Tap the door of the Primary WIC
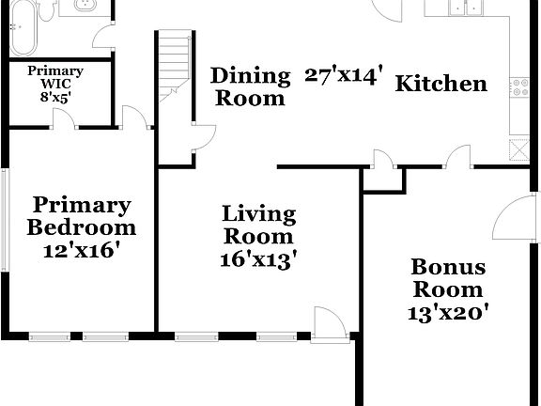[62, 120]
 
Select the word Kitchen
[441, 84]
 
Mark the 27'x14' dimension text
[345, 76]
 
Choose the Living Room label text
[258, 225]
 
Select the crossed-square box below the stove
[518, 148]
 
